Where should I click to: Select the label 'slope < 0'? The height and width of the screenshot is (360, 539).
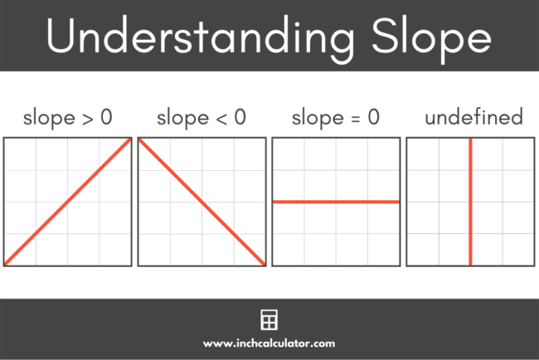[x=202, y=118]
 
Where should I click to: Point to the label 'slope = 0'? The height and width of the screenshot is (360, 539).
[x=336, y=118]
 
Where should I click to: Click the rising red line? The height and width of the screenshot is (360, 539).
[x=68, y=202]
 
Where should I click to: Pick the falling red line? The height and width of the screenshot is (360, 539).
[x=202, y=202]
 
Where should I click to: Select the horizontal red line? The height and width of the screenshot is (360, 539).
[x=336, y=202]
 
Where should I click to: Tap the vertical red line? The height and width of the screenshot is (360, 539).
[x=470, y=202]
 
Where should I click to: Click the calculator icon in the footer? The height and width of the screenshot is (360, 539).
[x=269, y=320]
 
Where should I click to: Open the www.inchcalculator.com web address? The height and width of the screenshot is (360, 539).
[x=269, y=342]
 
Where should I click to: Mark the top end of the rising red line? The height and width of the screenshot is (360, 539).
[x=129, y=140]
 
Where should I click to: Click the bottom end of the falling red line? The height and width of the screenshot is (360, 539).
[x=263, y=263]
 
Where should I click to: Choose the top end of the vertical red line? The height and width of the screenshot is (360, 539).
[x=470, y=140]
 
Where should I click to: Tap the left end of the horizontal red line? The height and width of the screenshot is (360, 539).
[x=274, y=202]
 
